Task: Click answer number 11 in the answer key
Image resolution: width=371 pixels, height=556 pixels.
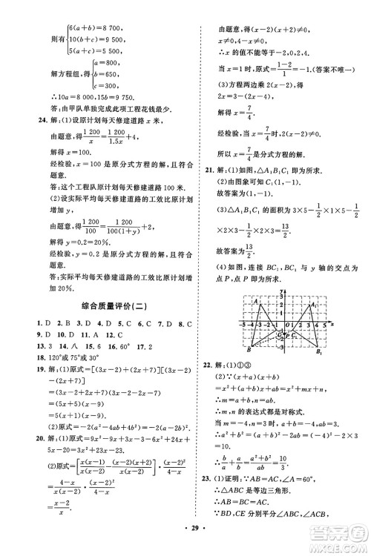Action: [x=64, y=334]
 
